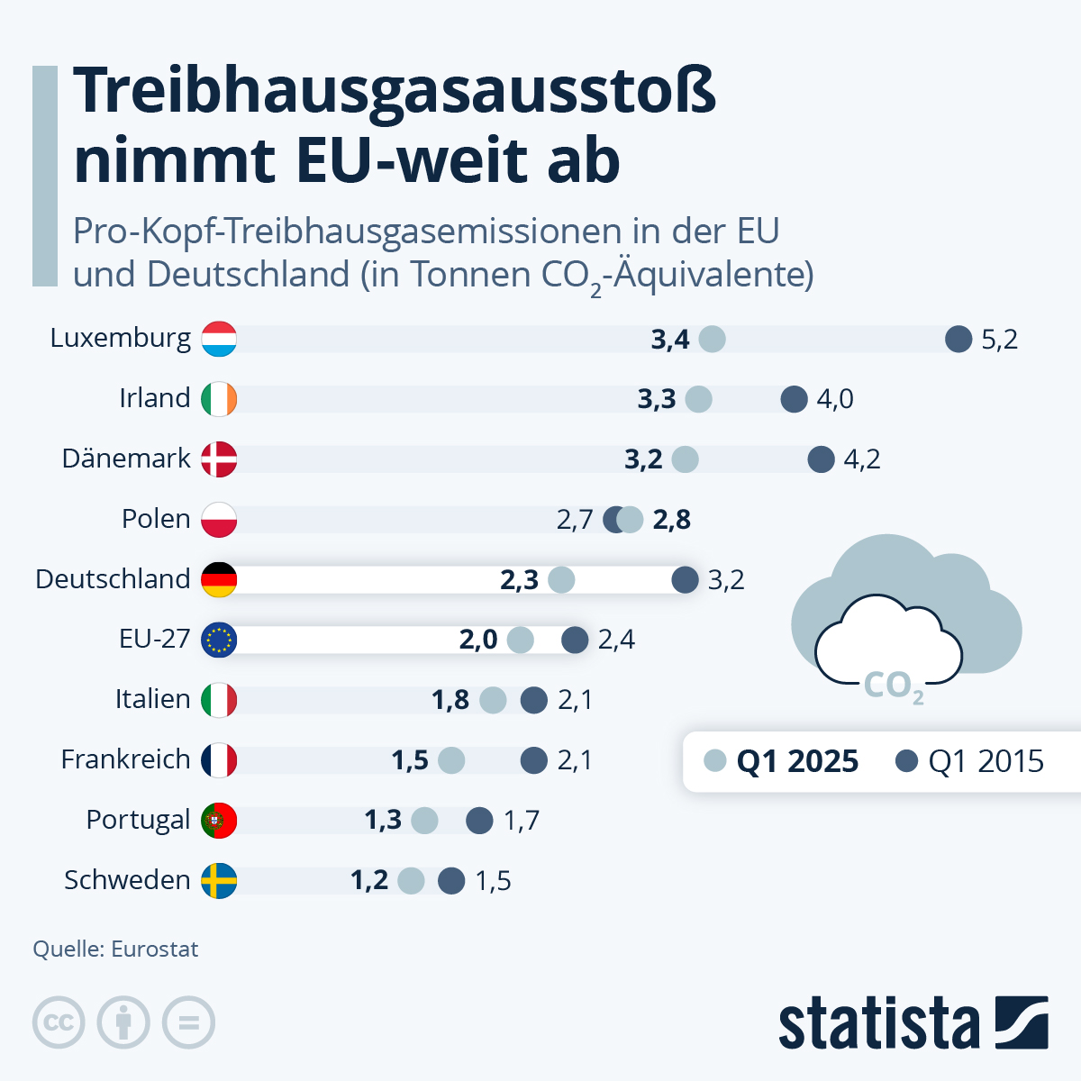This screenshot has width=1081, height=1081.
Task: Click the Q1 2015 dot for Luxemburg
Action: coord(958,340)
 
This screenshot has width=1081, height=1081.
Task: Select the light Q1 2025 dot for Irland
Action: coord(698,399)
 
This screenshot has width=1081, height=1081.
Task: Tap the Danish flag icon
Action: coord(219,459)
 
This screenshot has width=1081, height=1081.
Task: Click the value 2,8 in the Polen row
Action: coord(671,520)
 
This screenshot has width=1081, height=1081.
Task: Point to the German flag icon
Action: coord(219,579)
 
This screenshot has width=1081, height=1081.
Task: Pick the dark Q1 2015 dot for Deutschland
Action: coord(686,579)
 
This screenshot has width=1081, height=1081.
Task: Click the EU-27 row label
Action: coord(154,640)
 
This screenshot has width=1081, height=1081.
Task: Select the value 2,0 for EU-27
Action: coord(478,640)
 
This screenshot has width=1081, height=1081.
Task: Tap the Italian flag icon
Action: coord(219,700)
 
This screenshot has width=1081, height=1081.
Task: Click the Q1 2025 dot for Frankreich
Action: coord(451,760)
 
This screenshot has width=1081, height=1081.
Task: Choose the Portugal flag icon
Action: coord(219,820)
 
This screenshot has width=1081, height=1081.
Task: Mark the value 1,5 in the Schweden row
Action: coord(493,880)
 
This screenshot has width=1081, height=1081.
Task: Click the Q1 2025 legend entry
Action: coord(782,761)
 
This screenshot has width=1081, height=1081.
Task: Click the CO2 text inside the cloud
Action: coord(893,686)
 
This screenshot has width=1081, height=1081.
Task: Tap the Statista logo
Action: coord(913,1022)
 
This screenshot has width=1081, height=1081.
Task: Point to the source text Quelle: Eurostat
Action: coord(115,949)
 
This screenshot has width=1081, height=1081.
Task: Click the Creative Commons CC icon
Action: coord(59,1022)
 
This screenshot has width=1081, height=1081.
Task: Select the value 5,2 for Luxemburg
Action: coord(999,340)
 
